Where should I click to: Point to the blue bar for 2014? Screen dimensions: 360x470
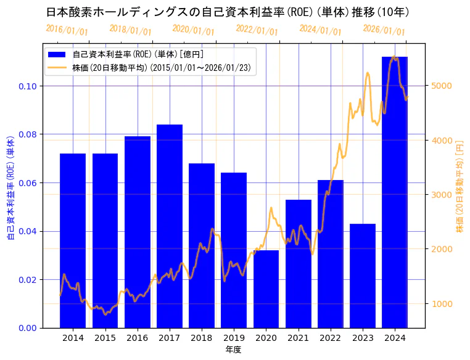coord(73,240)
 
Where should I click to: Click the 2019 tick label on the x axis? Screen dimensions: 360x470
coord(234,338)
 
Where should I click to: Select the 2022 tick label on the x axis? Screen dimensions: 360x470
coord(331,338)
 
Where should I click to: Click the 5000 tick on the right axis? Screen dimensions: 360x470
coord(440,86)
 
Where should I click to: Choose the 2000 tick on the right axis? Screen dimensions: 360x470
coord(440,249)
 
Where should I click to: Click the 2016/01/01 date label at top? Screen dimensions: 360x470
coord(67,30)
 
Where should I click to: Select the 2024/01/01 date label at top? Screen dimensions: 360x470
coord(320,30)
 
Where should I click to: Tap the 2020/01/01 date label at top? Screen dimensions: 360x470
coord(193,30)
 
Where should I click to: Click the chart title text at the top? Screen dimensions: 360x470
coord(228,12)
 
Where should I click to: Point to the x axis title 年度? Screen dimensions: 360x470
coord(233,350)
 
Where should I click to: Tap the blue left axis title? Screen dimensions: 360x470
coord(10,185)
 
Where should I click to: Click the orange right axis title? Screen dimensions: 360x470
coord(460,185)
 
